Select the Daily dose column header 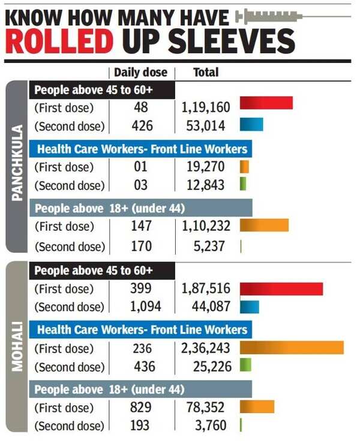tap(141, 73)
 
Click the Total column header tap(205, 73)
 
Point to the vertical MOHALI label tap(17, 348)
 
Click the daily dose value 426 tap(142, 126)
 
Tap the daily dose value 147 tap(142, 227)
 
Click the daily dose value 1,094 tap(142, 307)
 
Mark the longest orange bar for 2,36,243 tap(292, 348)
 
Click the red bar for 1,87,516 tap(281, 289)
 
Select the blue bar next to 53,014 tap(251, 124)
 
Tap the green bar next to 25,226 tap(245, 365)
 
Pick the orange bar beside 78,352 tap(257, 406)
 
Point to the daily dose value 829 tap(142, 408)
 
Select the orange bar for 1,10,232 tap(264, 225)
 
